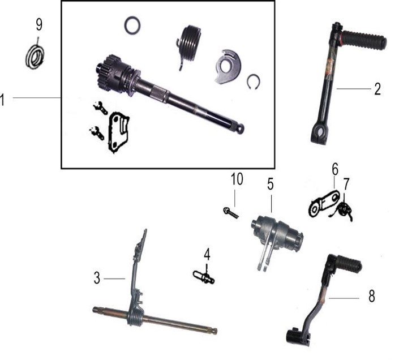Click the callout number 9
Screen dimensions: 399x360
coord(39,25)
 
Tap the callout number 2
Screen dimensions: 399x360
coord(377,89)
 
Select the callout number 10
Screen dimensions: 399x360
coord(237,179)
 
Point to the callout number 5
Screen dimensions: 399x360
coord(271,184)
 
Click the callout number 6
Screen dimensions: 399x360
coord(335,169)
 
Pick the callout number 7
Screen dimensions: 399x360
coord(346,184)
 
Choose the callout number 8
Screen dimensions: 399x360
coord(372,296)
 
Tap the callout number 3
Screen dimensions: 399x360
coord(97,278)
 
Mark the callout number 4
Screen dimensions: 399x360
coord(207,254)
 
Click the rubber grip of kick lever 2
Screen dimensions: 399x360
coord(364,40)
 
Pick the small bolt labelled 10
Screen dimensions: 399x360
coord(231,213)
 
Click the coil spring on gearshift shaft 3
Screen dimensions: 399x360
coord(135,315)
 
